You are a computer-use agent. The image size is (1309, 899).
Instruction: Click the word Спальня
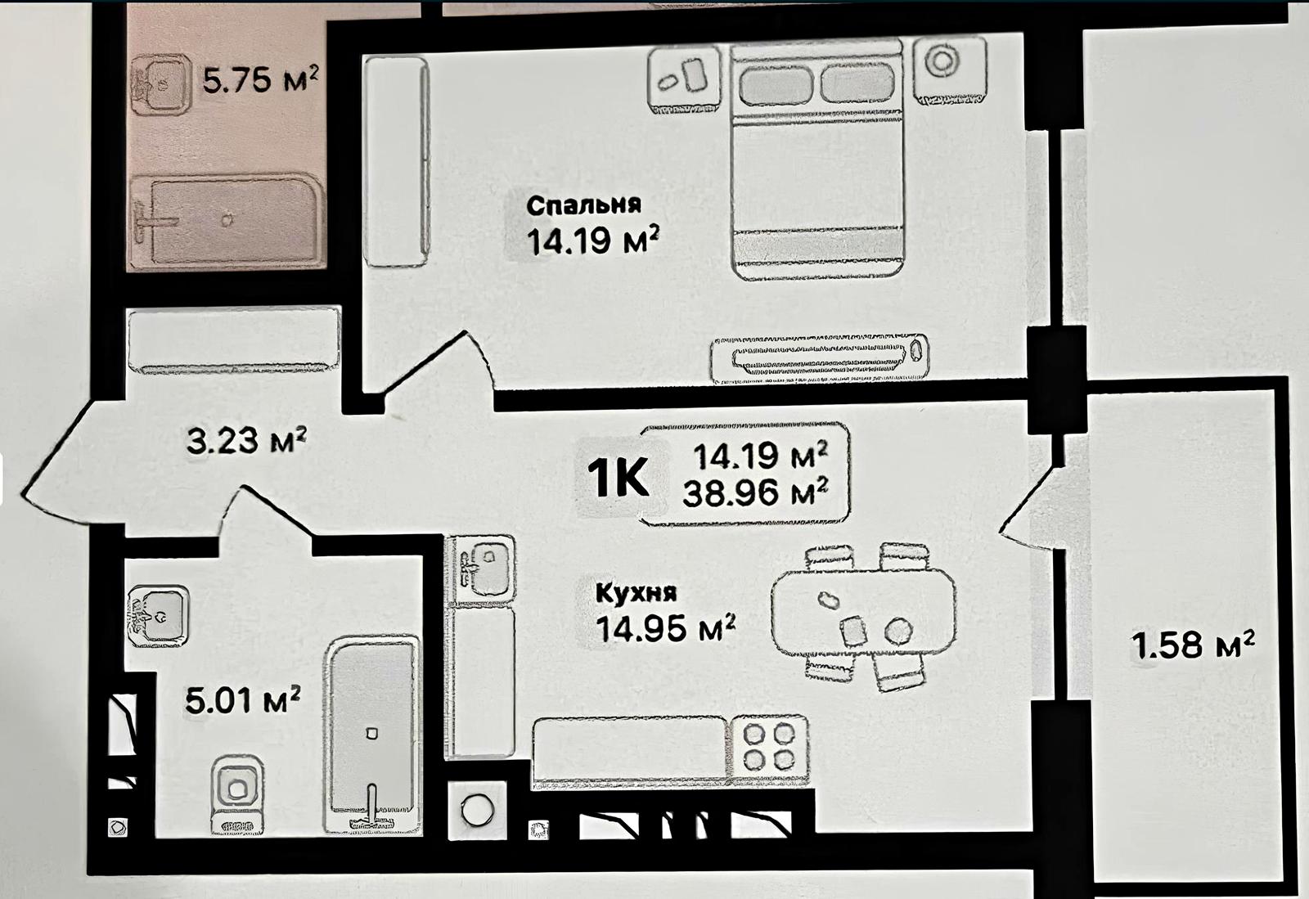pos(584,205)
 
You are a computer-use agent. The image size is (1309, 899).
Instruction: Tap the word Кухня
pos(637,592)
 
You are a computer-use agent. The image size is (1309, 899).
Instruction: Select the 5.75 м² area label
pos(261,79)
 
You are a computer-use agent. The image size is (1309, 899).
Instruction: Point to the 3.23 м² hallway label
pos(246,440)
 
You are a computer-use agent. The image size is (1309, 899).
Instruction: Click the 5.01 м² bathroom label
pos(243,699)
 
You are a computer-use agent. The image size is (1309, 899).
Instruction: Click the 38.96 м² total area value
pos(756,493)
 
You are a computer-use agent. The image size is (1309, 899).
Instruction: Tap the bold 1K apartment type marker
pos(618,477)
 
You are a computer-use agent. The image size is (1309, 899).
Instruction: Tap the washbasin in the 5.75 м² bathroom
pos(160,83)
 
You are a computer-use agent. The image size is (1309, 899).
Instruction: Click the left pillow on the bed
pos(776,83)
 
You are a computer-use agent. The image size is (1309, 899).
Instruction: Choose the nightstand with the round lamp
pos(950,70)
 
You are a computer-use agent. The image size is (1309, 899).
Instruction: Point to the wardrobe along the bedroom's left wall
pos(396,162)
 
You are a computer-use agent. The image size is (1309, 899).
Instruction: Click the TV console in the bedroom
pos(819,359)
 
